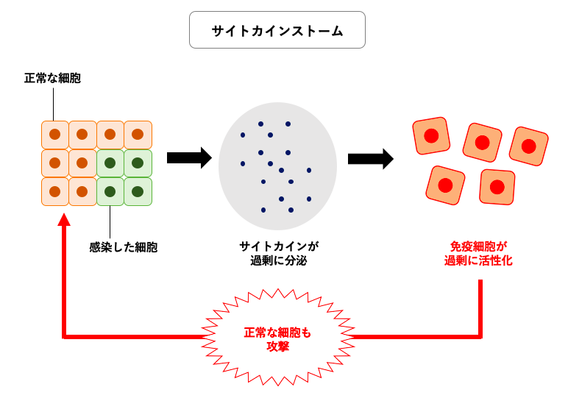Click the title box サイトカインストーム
click(277, 30)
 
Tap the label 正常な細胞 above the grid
click(52, 78)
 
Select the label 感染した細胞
click(124, 247)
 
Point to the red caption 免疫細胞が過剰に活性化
click(478, 254)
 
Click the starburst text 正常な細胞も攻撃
click(277, 339)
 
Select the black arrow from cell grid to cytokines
click(189, 157)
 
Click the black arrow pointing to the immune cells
click(370, 158)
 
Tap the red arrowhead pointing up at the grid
click(64, 219)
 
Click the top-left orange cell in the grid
click(54, 135)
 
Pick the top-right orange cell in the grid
click(138, 135)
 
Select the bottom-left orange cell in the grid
click(54, 191)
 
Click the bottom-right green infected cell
click(138, 191)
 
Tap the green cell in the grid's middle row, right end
click(138, 163)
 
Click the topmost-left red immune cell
click(431, 136)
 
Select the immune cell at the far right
click(528, 146)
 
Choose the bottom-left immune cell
click(445, 185)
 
